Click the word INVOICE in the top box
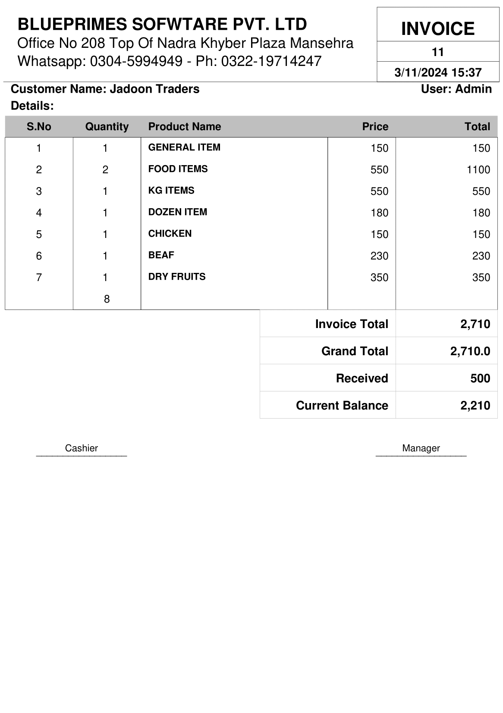click(x=437, y=29)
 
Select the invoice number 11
click(x=437, y=52)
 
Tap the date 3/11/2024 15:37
click(x=437, y=72)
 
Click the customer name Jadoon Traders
click(x=154, y=89)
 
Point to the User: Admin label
click(x=456, y=89)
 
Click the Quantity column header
click(x=107, y=127)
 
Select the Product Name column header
click(x=184, y=127)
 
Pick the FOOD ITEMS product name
click(x=178, y=169)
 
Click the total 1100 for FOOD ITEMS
click(x=478, y=170)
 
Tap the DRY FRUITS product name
click(x=177, y=277)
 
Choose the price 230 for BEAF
click(x=379, y=256)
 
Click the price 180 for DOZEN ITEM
click(x=379, y=213)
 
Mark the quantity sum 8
click(x=107, y=299)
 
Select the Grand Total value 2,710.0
click(x=470, y=351)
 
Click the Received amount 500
click(x=480, y=378)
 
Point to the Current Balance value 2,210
click(x=475, y=406)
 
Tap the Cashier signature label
click(x=81, y=448)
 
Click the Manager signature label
click(x=421, y=448)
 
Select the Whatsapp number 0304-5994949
click(x=136, y=61)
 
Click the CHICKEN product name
click(x=170, y=234)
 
